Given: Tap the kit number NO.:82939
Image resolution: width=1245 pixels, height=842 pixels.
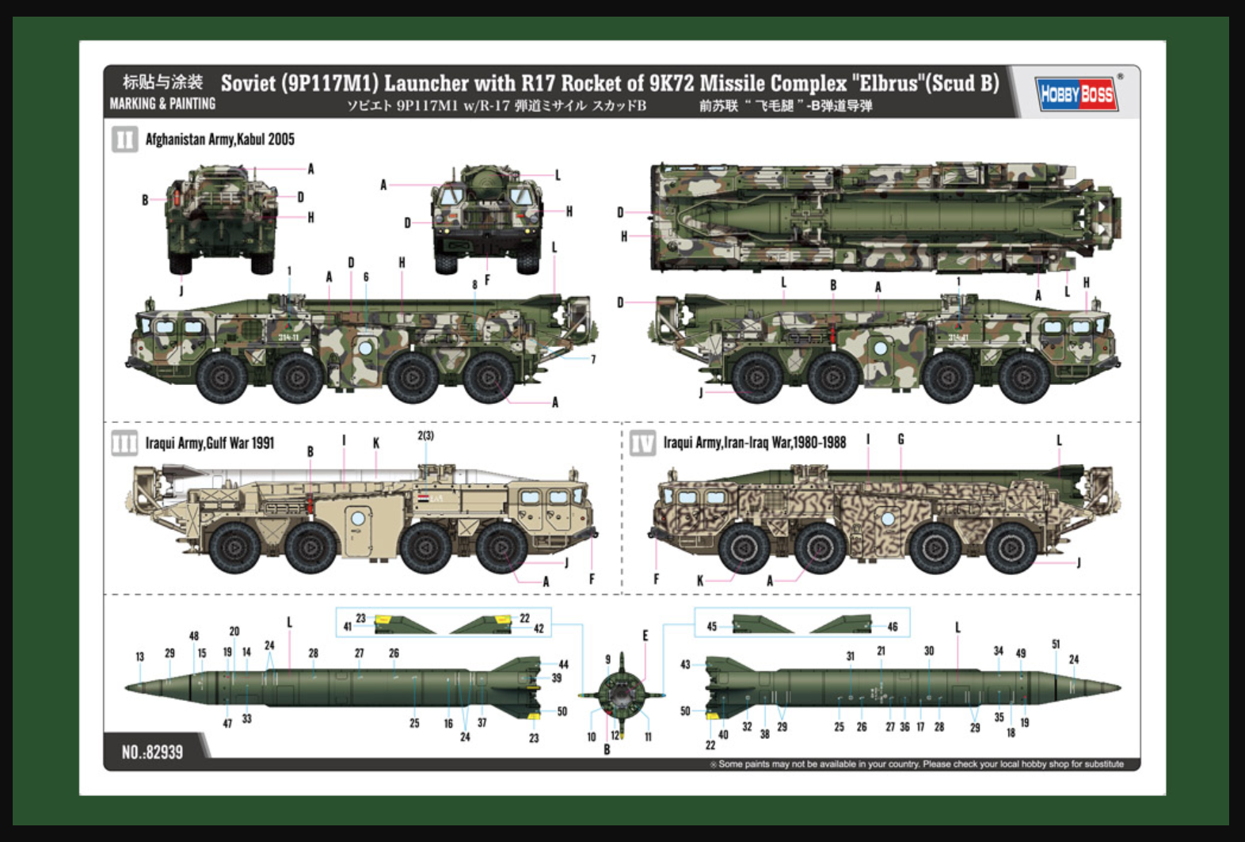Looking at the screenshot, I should pos(152,752).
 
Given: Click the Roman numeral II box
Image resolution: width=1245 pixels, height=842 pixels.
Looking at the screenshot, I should pos(124,140).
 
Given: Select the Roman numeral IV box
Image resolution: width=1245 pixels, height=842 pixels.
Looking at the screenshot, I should pos(642,443).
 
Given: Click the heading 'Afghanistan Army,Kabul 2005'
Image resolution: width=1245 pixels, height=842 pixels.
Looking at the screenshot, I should pos(219,139).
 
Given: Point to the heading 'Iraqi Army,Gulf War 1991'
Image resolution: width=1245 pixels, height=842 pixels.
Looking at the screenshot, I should pos(209,443).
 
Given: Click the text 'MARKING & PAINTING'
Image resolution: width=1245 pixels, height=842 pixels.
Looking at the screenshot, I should pos(162,104).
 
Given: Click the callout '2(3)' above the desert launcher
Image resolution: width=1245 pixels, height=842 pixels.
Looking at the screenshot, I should pos(425,436).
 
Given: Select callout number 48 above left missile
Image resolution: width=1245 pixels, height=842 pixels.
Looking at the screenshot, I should pos(194,636).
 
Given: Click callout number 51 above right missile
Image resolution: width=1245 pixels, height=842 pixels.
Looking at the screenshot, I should pos(1056,644).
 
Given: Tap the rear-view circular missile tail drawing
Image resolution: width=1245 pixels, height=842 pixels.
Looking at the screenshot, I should pos(622,695).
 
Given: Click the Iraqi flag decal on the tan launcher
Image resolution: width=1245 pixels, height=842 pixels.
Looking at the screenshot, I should pos(424,499).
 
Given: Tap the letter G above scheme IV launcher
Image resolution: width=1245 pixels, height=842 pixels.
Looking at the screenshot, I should pos(900,440).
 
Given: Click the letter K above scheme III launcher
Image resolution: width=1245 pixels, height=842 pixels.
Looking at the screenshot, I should pos(376,443).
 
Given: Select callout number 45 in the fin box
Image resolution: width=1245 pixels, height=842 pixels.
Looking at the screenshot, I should pos(711,627).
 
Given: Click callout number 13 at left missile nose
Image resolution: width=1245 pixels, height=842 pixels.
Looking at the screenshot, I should pos(140,657).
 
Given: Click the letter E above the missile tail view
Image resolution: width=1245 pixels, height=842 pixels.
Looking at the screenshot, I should pos(645,635).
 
